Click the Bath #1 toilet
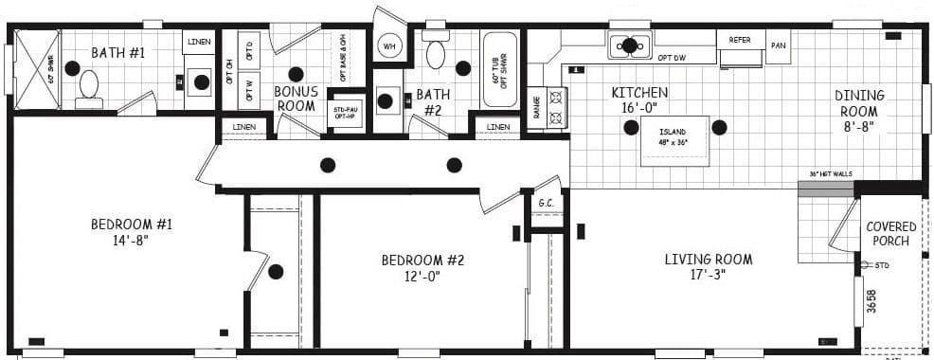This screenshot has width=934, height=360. pyautogui.click(x=89, y=86)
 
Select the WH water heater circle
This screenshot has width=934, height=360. pyautogui.click(x=389, y=45)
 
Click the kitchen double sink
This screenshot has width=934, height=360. pyautogui.click(x=629, y=44)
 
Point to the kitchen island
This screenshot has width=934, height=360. pyautogui.click(x=674, y=140)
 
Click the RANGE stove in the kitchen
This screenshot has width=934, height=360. pyautogui.click(x=556, y=107)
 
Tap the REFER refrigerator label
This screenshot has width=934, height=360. pyautogui.click(x=740, y=40)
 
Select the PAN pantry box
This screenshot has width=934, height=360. pyautogui.click(x=779, y=45)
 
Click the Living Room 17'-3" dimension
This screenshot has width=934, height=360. pyautogui.click(x=708, y=275)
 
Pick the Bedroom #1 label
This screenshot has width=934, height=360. pyautogui.click(x=132, y=225)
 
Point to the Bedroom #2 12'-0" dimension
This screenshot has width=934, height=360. pyautogui.click(x=422, y=277)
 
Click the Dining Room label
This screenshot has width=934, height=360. pyautogui.click(x=859, y=103)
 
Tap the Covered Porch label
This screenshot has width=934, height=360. pyautogui.click(x=891, y=234)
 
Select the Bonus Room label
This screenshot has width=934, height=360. pyautogui.click(x=296, y=99)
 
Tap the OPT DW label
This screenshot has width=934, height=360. pyautogui.click(x=671, y=59)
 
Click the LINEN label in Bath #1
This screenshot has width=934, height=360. pyautogui.click(x=199, y=42)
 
